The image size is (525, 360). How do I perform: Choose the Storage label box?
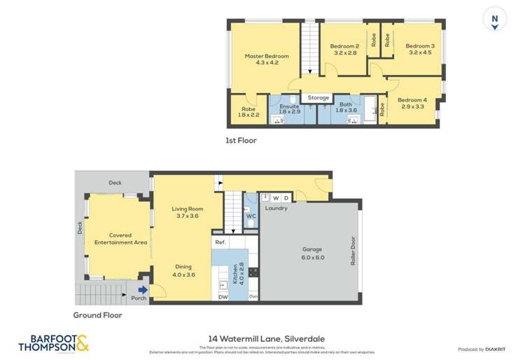point(318,98)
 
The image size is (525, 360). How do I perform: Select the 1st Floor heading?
point(241,141)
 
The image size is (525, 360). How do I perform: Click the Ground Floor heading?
point(97,315)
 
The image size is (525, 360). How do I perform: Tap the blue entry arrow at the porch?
point(143,290)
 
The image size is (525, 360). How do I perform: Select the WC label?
point(250,216)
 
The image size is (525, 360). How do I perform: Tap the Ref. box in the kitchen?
point(220,242)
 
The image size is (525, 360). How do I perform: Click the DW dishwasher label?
point(222,298)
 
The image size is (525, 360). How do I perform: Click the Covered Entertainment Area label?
point(120,239)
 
